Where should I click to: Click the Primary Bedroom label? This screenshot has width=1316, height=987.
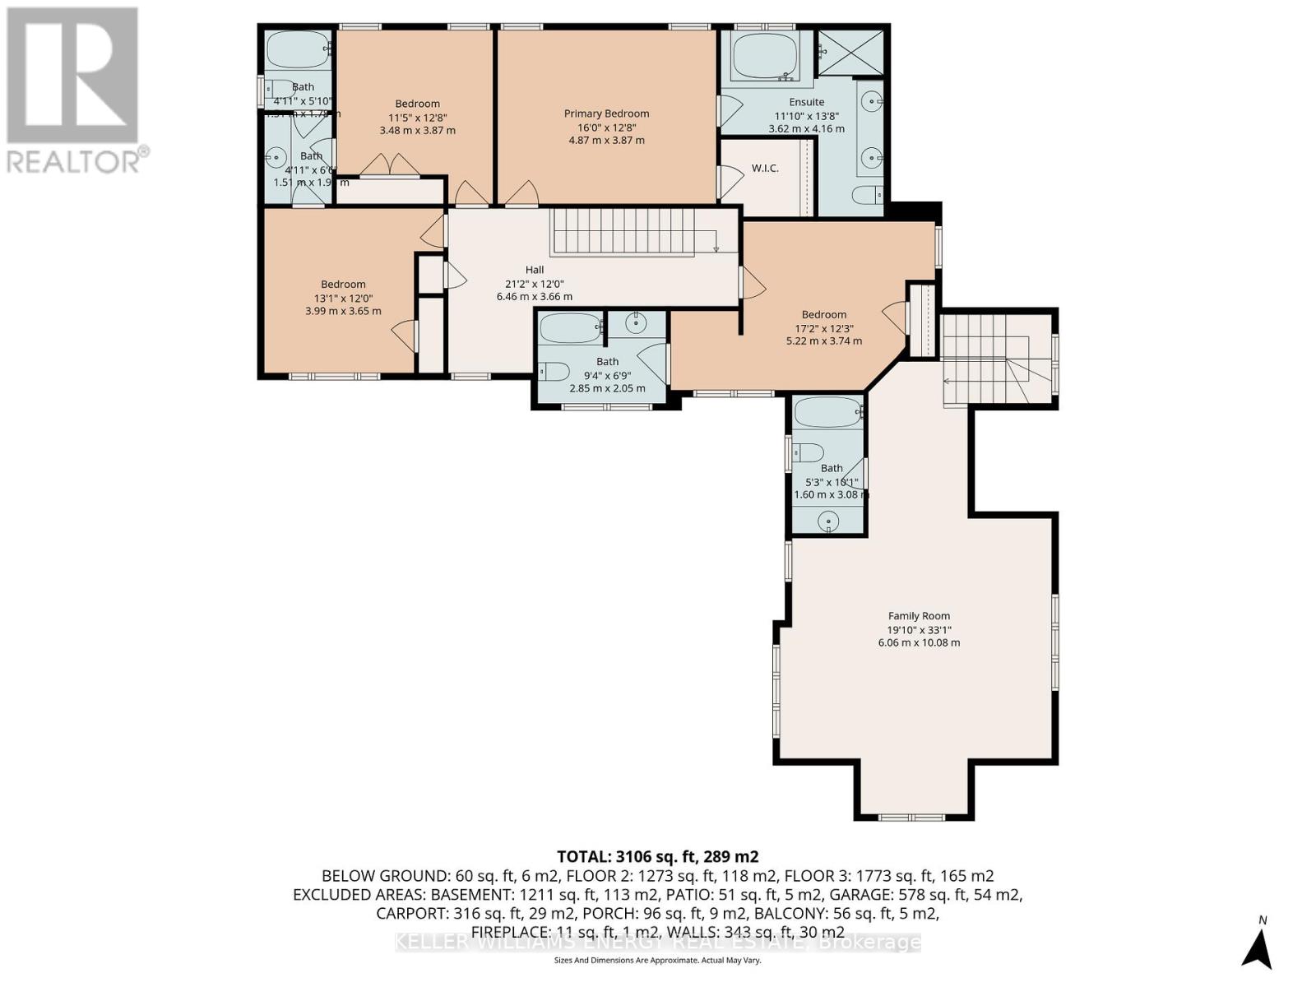[606, 114]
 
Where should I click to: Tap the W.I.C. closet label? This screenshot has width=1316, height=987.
[765, 169]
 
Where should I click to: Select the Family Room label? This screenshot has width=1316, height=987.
[919, 615]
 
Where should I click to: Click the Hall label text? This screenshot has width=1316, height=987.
[535, 270]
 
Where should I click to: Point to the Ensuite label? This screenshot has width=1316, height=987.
[806, 102]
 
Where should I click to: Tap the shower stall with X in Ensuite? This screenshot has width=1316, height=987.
[850, 53]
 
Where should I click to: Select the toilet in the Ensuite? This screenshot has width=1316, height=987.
[867, 195]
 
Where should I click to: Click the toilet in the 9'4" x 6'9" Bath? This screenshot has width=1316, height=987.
[554, 372]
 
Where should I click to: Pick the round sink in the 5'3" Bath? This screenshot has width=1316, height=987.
[829, 521]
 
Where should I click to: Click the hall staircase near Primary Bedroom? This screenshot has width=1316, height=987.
[633, 231]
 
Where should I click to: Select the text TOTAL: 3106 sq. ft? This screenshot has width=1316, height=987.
[658, 856]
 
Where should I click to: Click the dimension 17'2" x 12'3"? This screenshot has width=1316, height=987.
[823, 327]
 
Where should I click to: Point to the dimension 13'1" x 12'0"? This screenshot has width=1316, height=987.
[343, 298]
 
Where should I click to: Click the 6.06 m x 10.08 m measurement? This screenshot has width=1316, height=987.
[919, 642]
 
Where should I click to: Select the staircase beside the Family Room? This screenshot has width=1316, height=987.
[998, 359]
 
